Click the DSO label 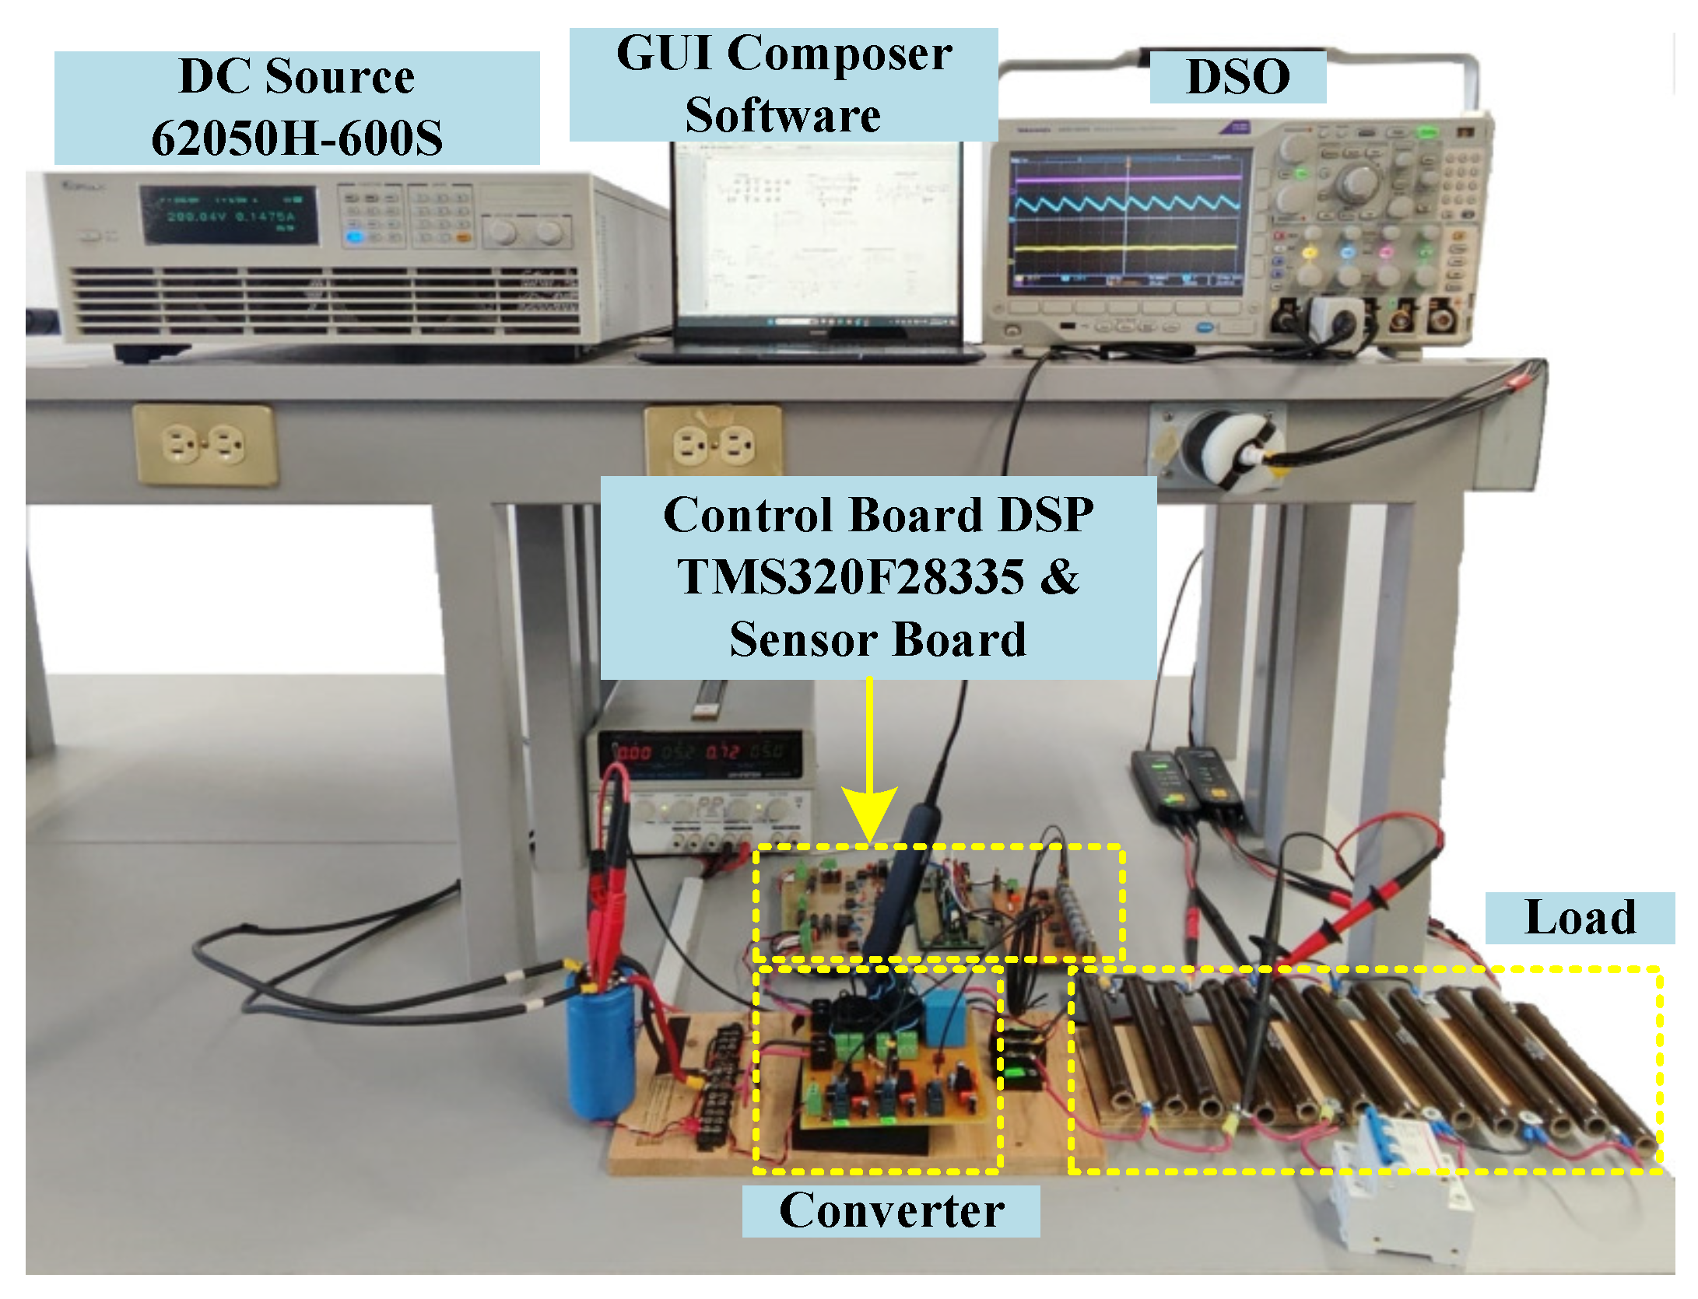point(1237,77)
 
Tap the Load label point(1580,917)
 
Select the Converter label point(891,1210)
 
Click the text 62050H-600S point(296,138)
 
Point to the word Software point(783,115)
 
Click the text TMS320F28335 point(851,576)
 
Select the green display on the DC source point(229,215)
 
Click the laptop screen point(817,233)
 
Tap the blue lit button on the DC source point(356,236)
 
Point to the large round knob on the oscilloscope point(1358,183)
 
